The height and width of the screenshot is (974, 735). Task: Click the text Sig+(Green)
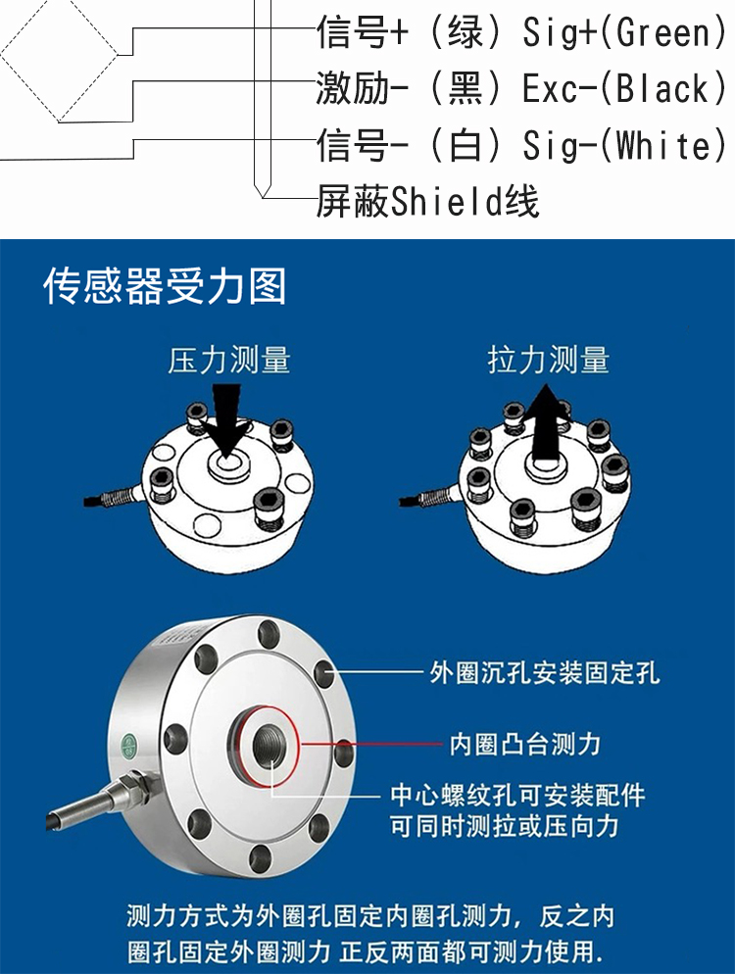[x=624, y=32]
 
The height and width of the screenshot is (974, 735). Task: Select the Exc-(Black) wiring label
[x=624, y=88]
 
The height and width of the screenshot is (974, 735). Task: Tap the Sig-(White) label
[x=624, y=145]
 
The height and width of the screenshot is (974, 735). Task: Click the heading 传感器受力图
[x=165, y=286]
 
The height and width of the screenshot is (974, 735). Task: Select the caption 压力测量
[x=229, y=361]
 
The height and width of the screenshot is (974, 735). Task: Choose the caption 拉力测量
[x=549, y=361]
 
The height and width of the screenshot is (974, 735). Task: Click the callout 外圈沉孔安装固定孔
[x=544, y=672]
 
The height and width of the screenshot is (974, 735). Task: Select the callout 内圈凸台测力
[x=525, y=744]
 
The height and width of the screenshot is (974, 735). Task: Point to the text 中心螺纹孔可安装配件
[x=517, y=795]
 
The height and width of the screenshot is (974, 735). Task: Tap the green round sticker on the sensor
[x=128, y=744]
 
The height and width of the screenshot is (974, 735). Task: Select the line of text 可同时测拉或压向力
[x=505, y=826]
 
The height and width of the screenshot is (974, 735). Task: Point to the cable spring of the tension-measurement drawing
[x=433, y=497]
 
